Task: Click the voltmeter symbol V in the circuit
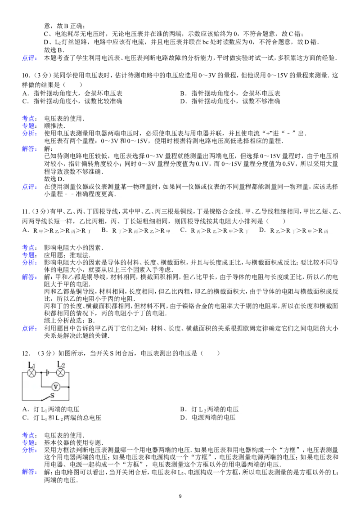55,387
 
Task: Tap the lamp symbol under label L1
31,373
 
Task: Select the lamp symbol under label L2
60,373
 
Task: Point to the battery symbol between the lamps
47,373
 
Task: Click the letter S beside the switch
52,396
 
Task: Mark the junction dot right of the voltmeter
69,387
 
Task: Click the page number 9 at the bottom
180,496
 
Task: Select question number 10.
26,76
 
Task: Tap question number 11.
26,212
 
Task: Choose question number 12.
26,353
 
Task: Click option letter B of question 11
104,230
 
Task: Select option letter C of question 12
25,418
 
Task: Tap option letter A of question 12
25,409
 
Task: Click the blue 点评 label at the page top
29,58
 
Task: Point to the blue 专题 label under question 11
29,255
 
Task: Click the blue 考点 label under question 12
29,435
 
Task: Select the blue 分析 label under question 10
29,134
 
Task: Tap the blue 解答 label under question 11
29,277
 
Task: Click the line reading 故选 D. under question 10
54,179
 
